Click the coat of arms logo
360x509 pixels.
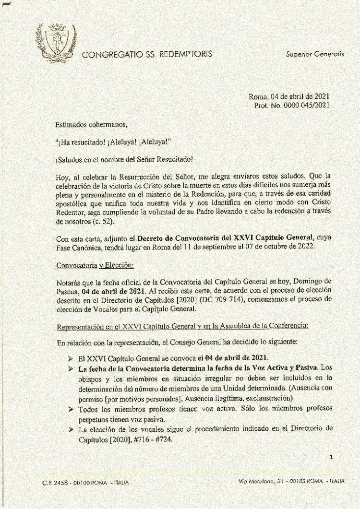point(56,43)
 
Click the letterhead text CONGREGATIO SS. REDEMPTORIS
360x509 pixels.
point(147,54)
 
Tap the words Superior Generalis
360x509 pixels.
point(315,54)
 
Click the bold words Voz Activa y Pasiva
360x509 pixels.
point(282,368)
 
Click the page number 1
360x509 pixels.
point(331,458)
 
